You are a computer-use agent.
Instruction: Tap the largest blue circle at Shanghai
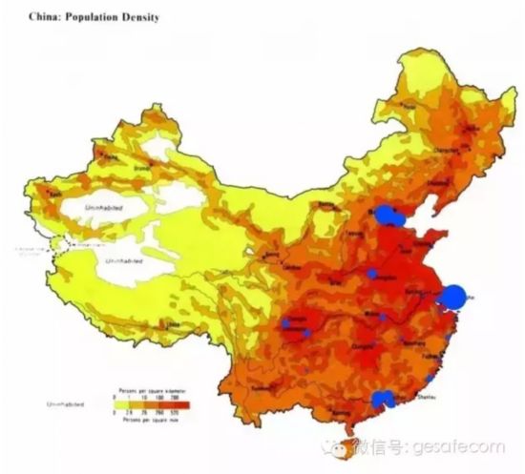click(455, 297)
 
